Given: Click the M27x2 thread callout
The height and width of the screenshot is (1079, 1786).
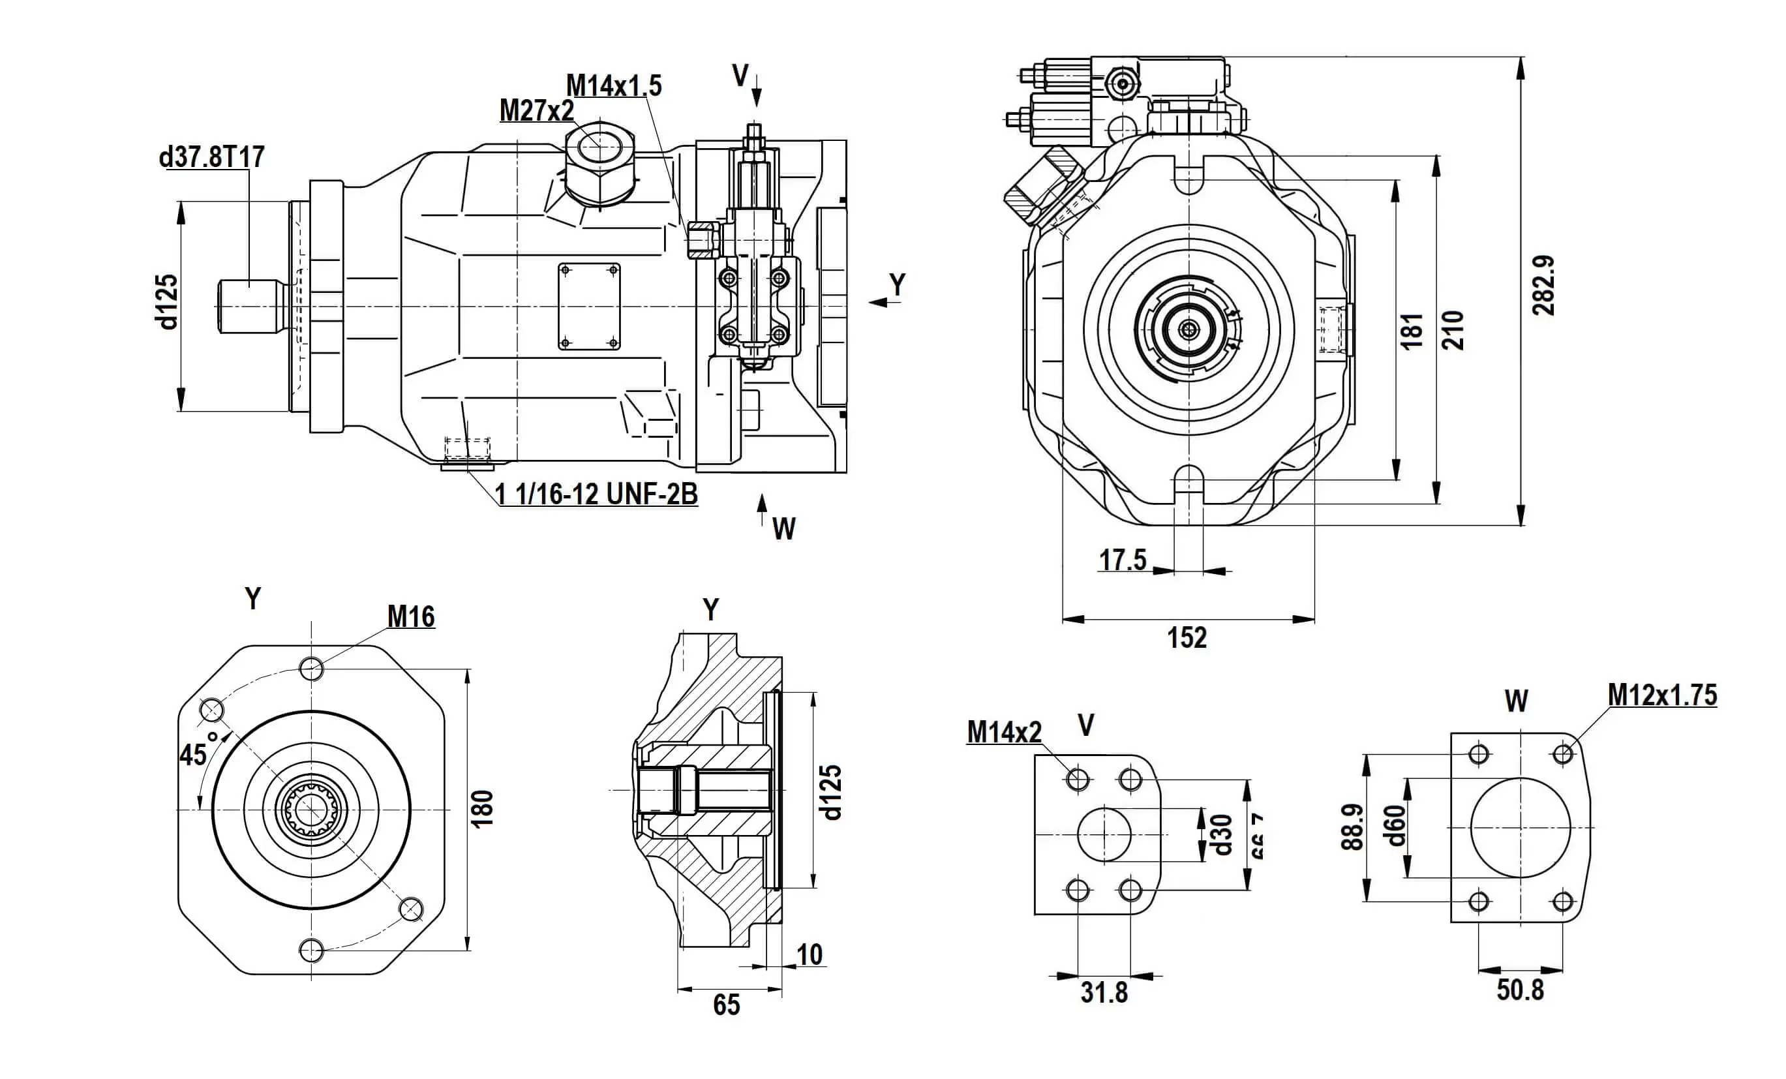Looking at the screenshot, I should point(536,111).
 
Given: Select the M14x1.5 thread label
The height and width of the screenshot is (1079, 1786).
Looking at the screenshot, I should point(613,85).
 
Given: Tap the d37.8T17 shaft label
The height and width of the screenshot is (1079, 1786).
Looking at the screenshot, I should point(211,157).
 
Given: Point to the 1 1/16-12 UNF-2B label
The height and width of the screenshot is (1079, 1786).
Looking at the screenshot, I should point(596,494).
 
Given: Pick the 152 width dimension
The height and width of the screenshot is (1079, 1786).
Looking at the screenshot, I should point(1187,638).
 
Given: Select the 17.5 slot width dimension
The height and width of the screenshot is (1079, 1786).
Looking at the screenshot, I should point(1123,560).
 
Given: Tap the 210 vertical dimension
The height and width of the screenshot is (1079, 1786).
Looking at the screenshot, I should point(1453,330).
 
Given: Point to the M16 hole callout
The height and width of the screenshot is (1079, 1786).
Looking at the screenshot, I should point(411,617).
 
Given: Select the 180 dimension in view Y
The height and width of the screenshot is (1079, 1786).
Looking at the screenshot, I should point(482,808).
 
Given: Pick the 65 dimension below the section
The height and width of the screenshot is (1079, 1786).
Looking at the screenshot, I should point(726,1005).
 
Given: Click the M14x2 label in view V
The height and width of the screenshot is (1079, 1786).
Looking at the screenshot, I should point(1004,733).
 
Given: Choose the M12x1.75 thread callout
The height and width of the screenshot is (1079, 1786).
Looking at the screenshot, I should point(1662,695).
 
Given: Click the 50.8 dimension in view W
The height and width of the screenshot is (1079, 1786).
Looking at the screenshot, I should point(1520,990).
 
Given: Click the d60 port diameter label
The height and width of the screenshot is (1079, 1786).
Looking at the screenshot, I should point(1395,826).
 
